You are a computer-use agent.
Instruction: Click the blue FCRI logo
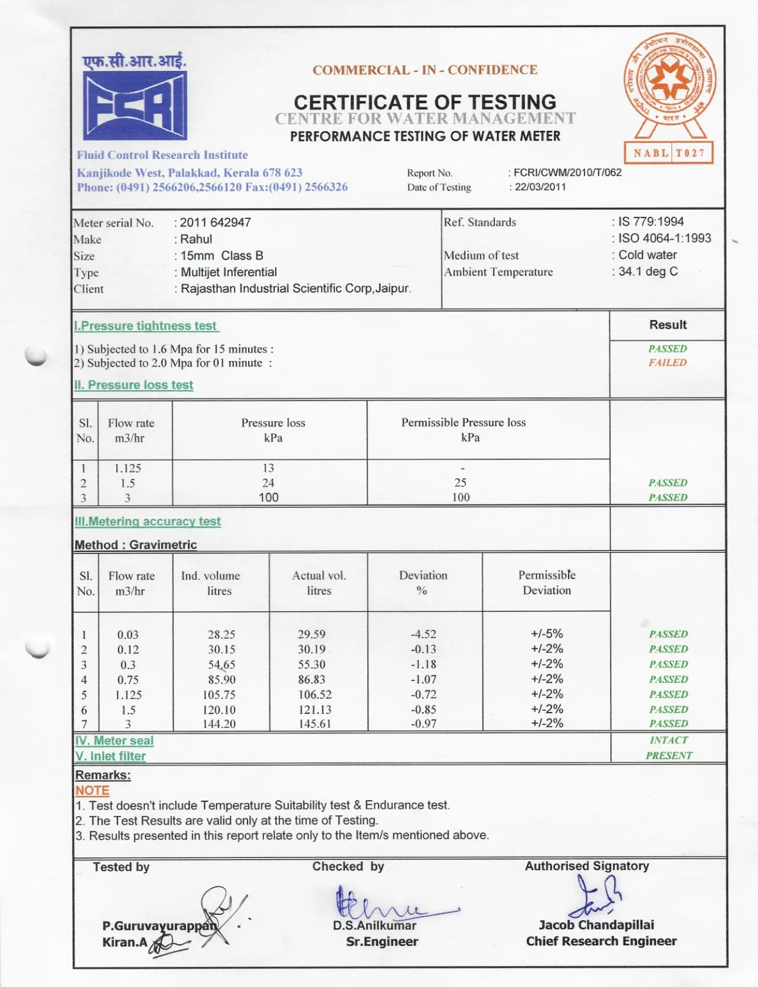135,105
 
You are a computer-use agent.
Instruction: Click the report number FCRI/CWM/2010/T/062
567,172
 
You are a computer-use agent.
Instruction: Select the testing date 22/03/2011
540,187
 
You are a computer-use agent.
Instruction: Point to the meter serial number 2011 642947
215,223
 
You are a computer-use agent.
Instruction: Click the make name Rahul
197,239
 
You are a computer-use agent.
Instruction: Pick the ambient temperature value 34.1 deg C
648,271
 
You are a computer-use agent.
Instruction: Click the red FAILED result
667,363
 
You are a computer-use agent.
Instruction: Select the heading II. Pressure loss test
134,385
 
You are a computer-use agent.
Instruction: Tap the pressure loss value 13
268,468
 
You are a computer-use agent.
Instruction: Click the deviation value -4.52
423,634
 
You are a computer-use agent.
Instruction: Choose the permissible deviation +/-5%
547,634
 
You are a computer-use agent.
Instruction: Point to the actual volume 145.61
315,724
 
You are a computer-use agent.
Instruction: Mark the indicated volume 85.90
222,680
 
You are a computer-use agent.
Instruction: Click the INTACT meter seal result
668,740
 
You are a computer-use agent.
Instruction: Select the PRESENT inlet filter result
669,755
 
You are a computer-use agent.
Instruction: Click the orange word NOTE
92,791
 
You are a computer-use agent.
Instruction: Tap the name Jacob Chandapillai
596,925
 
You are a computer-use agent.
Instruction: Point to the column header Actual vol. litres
319,583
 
